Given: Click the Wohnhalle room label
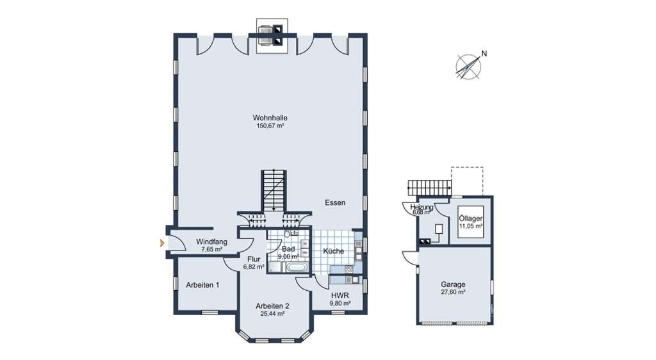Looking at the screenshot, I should point(270,118).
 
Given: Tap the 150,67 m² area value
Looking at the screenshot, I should point(270,126).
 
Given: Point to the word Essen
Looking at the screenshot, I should point(334,202).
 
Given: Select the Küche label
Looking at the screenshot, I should point(333,251).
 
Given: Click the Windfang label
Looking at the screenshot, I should point(208,241).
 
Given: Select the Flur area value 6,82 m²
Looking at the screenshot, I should point(253,267).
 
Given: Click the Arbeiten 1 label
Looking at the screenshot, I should point(202,284).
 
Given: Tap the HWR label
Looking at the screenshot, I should point(339,295).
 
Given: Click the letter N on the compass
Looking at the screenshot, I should point(484,54).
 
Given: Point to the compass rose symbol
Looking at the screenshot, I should point(468,67).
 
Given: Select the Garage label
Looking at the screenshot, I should point(452,284).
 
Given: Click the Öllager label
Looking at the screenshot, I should point(470,218).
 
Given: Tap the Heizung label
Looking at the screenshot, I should point(422,208).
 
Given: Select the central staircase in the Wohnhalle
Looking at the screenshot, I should point(274,190).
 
